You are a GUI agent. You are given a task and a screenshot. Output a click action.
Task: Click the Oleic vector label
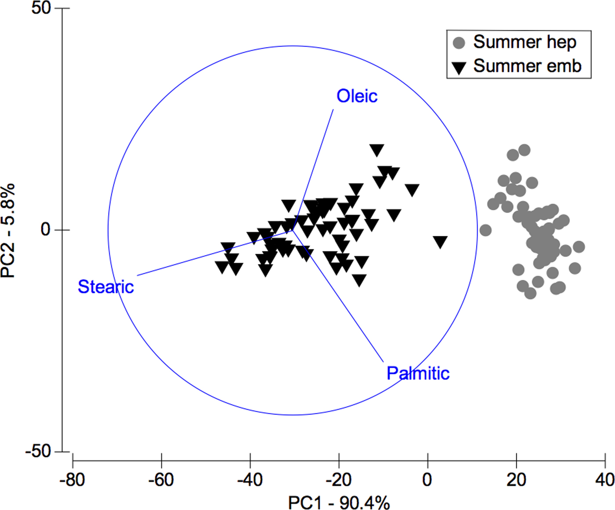[x=357, y=96]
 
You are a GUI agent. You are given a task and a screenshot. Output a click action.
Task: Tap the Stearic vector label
[x=105, y=287]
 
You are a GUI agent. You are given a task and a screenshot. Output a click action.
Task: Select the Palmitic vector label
[x=418, y=373]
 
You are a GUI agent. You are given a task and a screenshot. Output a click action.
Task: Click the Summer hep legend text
[x=525, y=42]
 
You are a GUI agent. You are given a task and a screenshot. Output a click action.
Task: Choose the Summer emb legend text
[x=527, y=66]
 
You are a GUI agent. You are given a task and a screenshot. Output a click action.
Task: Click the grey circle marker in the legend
[x=459, y=43]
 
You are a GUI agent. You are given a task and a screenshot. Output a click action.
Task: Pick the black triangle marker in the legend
[x=459, y=68]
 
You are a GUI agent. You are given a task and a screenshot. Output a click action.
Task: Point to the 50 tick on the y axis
[x=41, y=8]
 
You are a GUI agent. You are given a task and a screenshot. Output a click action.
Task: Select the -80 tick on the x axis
[x=72, y=479]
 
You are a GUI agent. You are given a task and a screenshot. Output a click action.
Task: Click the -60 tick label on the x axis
[x=161, y=479]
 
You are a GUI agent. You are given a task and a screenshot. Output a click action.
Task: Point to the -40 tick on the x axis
[x=250, y=479]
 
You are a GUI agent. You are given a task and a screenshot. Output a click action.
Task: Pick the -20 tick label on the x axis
[x=339, y=479]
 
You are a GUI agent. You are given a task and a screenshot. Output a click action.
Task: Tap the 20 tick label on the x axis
[x=516, y=479]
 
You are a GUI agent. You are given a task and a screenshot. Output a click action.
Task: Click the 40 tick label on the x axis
[x=604, y=479]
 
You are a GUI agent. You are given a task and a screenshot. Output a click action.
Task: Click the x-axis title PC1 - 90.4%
[x=339, y=503]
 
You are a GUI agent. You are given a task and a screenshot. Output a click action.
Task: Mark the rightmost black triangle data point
[x=440, y=242]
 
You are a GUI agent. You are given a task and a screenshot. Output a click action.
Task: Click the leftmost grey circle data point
[x=485, y=230]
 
